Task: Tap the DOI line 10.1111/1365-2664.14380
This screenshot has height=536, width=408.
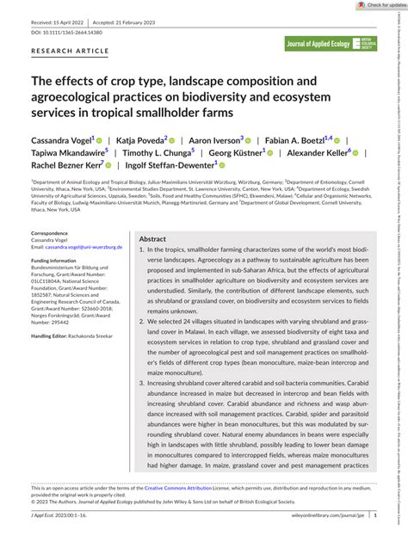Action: (x=66, y=31)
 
